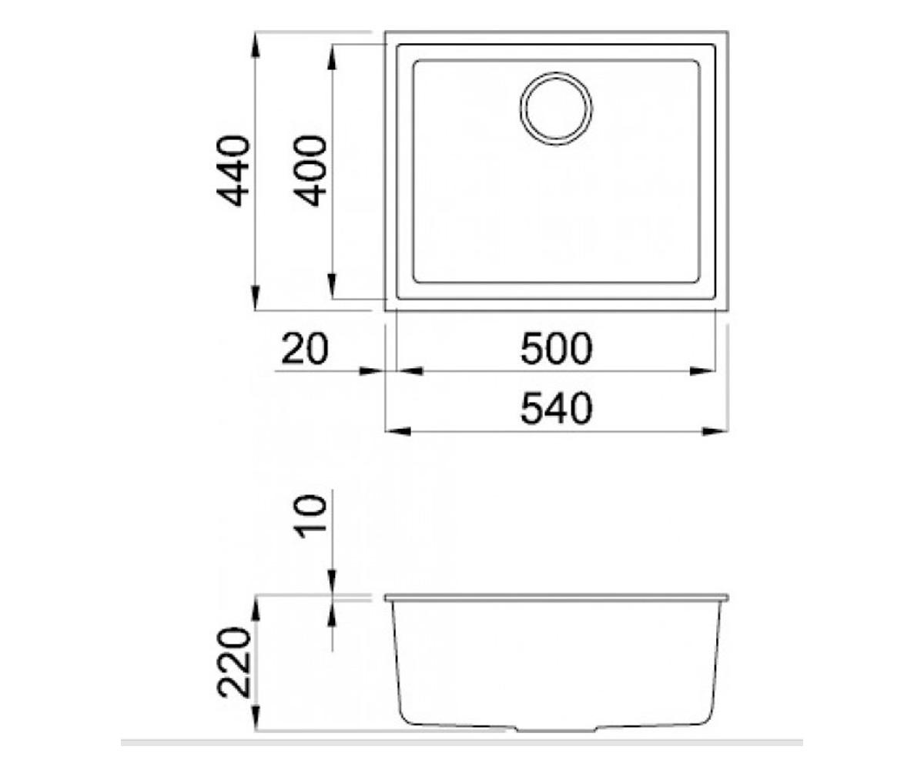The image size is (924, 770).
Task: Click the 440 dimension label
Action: click(233, 171)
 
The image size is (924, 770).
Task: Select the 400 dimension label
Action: click(310, 171)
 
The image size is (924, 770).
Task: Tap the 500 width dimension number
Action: click(556, 349)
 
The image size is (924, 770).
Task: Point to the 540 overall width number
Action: click(556, 408)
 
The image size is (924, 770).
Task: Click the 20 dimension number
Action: click(305, 349)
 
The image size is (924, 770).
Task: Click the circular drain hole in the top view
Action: click(556, 109)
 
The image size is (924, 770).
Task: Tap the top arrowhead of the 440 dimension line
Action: click(255, 45)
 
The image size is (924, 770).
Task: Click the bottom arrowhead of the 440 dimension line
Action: click(255, 298)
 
